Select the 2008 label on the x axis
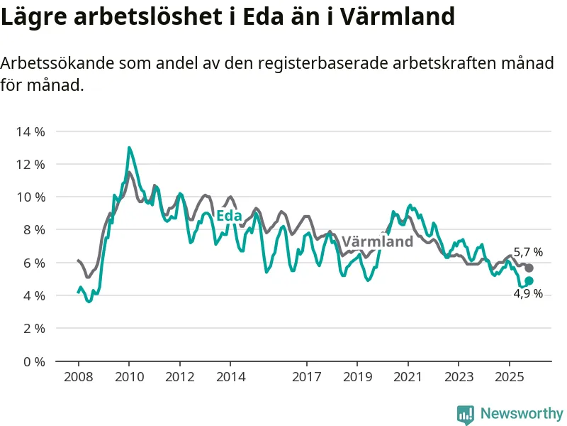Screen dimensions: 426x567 click(78, 376)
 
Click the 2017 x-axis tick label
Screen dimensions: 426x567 click(306, 376)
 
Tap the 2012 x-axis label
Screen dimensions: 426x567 click(179, 376)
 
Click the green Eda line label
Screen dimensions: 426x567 click(229, 216)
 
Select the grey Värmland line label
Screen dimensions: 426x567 click(377, 241)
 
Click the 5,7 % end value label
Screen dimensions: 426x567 click(528, 252)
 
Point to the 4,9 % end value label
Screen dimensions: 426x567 click(528, 294)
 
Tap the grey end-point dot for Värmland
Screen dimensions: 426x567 click(529, 268)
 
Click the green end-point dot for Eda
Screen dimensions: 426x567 click(529, 281)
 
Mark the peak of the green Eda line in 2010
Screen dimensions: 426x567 click(129, 148)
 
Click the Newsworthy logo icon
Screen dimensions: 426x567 click(466, 413)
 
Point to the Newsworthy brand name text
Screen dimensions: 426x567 click(522, 413)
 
